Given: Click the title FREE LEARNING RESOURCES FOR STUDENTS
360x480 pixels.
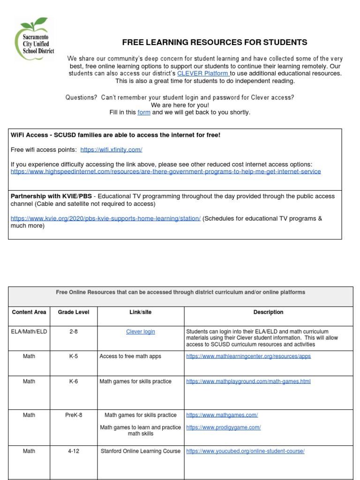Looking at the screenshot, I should [215, 43].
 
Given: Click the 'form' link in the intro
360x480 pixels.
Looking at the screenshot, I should [143, 112].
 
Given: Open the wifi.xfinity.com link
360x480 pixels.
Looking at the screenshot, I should [111, 150].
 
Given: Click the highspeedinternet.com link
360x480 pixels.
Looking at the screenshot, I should [165, 172].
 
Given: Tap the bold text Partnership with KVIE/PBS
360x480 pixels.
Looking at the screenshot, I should [51, 196].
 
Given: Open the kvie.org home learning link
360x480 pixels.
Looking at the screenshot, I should [105, 218].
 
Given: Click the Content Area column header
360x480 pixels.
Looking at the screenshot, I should [29, 312].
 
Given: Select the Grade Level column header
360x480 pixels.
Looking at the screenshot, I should [74, 312].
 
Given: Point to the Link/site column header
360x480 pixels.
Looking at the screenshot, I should [141, 312].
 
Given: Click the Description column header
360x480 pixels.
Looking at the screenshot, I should [268, 312].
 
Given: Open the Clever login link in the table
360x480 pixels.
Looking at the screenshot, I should [141, 332].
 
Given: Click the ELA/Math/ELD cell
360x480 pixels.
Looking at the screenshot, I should [29, 332].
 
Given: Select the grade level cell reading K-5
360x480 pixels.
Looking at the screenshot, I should [74, 357].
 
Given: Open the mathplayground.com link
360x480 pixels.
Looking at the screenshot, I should [248, 382].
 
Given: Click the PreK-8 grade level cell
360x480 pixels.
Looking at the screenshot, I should [74, 415].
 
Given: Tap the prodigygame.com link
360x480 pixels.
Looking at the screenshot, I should [223, 427].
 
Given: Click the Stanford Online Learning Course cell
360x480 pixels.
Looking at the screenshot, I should [141, 451].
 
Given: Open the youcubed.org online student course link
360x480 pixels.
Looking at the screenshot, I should [245, 451].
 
